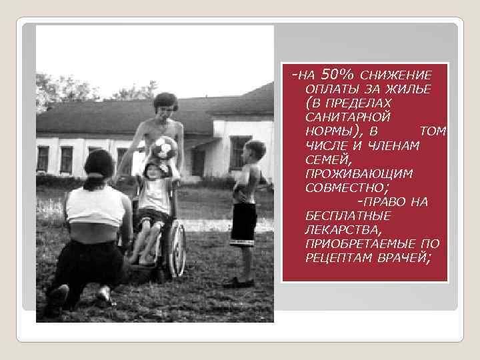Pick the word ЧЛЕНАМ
pos(393,145)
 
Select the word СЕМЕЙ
pos(325,159)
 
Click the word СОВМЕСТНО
pos(346,187)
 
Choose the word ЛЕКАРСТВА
pos(341,230)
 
